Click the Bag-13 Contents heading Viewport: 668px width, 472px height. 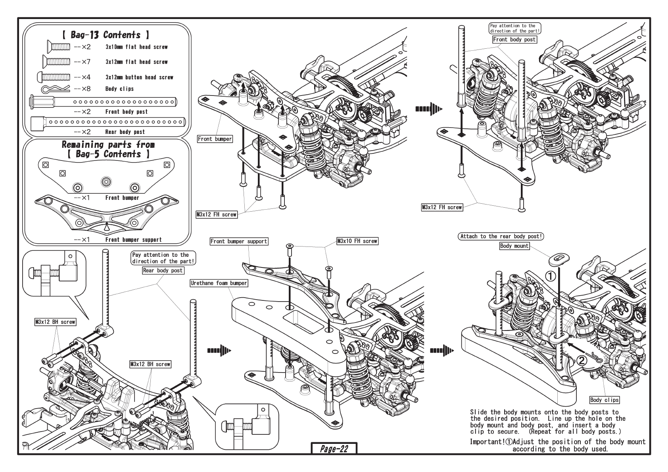pos(106,35)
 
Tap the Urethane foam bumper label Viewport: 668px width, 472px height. pos(219,283)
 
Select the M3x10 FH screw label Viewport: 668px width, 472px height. pos(357,241)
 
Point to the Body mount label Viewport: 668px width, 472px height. pos(514,246)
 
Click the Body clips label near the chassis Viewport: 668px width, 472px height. pos(605,400)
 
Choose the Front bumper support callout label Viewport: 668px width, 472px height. pos(239,241)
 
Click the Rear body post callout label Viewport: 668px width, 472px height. pos(163,271)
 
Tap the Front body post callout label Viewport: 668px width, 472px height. pos(514,40)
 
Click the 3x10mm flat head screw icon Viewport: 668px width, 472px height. pos(58,47)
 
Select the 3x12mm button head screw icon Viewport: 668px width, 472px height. pos(54,77)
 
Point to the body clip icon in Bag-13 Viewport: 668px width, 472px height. pos(56,89)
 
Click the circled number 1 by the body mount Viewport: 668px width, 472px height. pos(551,276)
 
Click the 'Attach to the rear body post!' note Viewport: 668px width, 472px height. pos(501,236)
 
